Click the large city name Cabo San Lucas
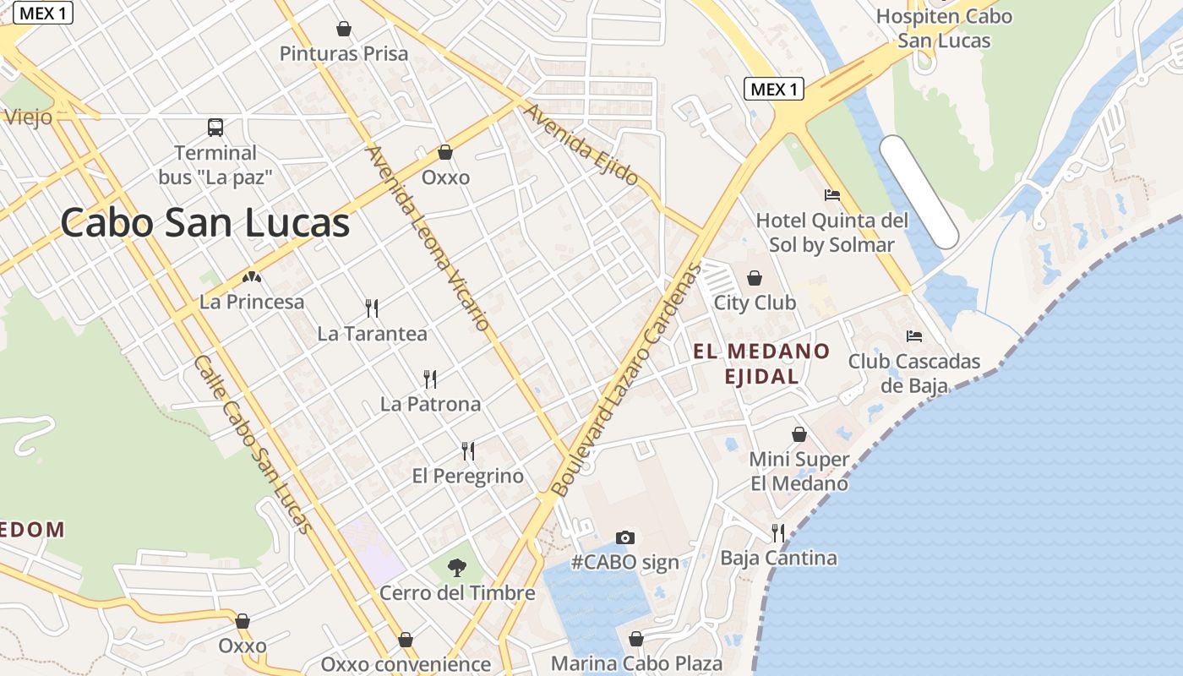[x=204, y=224]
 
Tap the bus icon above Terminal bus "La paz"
[x=215, y=128]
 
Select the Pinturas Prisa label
[x=344, y=54]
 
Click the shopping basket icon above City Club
[x=755, y=278]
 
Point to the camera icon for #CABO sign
[x=625, y=537]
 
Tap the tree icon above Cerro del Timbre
[x=456, y=567]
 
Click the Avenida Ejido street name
[x=581, y=144]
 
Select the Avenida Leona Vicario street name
[x=428, y=237]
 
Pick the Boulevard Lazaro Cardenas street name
[x=626, y=380]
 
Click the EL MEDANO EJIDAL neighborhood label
[x=761, y=363]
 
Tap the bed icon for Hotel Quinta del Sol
[x=832, y=195]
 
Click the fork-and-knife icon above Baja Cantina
[x=778, y=532]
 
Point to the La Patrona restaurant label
[x=430, y=404]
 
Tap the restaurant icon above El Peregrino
[x=468, y=451]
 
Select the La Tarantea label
[x=372, y=334]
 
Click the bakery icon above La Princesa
[x=252, y=276]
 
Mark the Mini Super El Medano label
[x=799, y=472]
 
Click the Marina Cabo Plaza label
[x=636, y=663]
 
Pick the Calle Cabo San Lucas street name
[x=253, y=444]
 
